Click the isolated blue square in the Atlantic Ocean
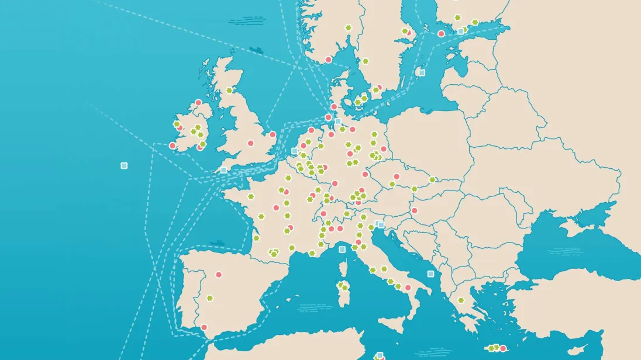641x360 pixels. tap(124, 165)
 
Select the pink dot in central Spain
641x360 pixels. tap(219, 274)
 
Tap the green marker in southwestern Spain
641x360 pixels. tap(209, 299)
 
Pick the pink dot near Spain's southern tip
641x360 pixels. tap(204, 327)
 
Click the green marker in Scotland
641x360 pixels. tap(229, 90)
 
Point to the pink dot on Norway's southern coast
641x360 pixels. tap(328, 60)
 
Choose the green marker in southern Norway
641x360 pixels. tap(349, 27)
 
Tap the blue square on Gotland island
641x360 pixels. tap(422, 72)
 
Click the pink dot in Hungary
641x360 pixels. tap(414, 210)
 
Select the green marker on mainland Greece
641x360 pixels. tap(461, 300)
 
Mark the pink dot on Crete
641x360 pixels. tap(502, 349)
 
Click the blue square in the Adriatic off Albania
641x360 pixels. tap(430, 274)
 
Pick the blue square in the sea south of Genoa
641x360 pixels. tap(342, 250)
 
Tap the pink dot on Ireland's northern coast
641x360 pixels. tap(198, 103)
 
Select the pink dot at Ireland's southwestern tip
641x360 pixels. tap(173, 146)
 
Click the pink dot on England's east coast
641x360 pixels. tap(273, 134)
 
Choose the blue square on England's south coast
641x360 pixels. tap(223, 170)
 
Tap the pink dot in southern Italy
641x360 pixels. tap(408, 288)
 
